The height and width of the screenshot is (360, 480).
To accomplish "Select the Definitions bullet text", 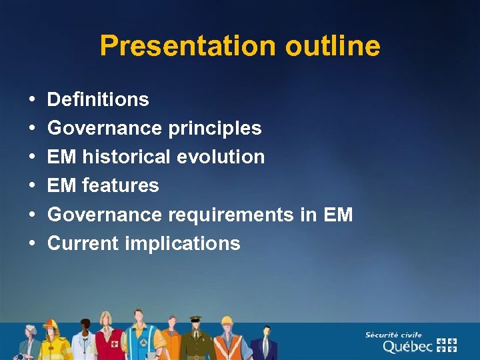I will coord(98,100).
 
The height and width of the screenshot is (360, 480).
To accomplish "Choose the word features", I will coord(120,185).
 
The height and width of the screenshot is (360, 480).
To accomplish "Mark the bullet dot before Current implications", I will coord(33,244).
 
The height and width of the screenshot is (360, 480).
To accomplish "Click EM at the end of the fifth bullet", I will coord(338,215).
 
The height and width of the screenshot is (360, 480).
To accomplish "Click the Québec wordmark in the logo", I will coord(407,347).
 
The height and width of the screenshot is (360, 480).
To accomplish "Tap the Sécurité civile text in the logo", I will coord(393,335).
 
